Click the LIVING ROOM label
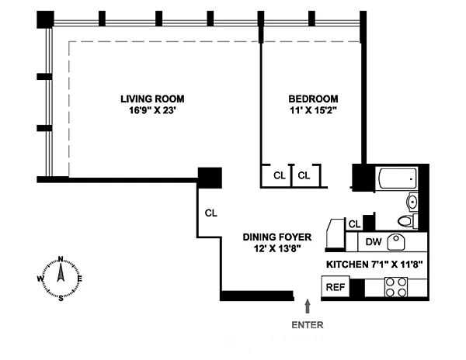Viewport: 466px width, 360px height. click(152, 99)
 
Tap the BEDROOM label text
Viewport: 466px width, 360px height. click(313, 99)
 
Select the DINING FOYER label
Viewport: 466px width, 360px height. click(277, 237)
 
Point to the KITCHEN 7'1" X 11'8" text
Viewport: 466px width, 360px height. click(374, 264)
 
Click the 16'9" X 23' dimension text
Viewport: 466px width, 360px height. click(153, 110)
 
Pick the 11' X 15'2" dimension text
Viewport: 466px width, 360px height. click(313, 110)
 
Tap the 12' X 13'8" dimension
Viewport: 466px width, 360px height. click(277, 248)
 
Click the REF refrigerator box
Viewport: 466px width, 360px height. click(336, 287)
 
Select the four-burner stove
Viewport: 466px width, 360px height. click(396, 287)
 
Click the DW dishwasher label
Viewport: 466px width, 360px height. click(374, 241)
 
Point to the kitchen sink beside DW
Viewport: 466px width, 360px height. click(396, 242)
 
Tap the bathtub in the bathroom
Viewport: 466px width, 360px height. click(398, 178)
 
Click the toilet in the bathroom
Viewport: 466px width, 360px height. click(408, 221)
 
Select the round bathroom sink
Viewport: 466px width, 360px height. click(412, 202)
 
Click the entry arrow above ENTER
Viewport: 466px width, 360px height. click(308, 306)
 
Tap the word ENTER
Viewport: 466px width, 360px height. click(308, 325)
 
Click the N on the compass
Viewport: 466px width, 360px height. click(61, 259)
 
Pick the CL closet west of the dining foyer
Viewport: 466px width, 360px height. click(211, 213)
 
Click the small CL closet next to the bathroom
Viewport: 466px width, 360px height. click(354, 224)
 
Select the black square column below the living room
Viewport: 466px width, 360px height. click(210, 178)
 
